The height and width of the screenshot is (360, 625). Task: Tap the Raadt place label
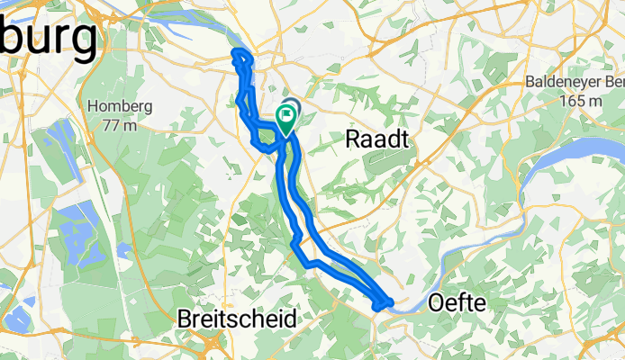tap(378, 139)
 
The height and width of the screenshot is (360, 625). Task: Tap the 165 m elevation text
tap(577, 101)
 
